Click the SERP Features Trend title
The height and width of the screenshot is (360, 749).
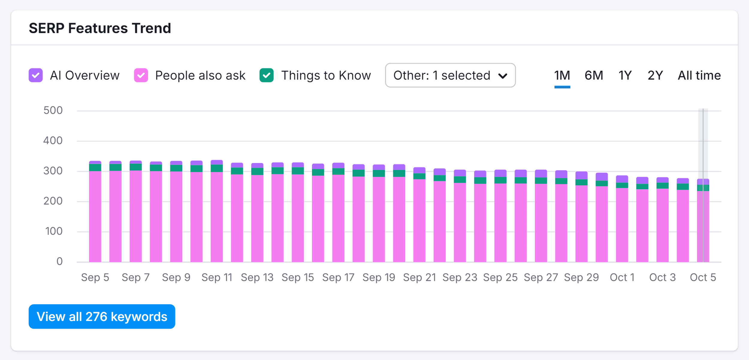100,28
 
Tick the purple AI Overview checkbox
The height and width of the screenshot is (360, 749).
36,75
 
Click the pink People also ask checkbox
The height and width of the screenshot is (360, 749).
141,75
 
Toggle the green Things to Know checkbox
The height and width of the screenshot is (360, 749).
266,75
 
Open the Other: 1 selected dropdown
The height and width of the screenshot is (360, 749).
450,75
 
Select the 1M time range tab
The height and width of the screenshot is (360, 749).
562,75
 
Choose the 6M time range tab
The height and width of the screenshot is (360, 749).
594,75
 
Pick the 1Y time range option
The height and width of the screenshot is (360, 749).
625,75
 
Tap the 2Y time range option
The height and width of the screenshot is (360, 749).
655,75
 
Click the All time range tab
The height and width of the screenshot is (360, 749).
699,75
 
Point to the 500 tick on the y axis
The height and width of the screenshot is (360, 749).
53,111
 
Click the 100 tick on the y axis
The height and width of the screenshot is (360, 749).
54,231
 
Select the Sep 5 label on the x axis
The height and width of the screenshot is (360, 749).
95,277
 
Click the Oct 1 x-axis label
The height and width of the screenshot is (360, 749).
622,277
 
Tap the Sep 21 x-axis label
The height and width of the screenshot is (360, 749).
419,277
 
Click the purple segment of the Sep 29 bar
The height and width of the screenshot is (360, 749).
582,176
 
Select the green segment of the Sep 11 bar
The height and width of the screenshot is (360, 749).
217,168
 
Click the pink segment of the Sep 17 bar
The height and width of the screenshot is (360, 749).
338,219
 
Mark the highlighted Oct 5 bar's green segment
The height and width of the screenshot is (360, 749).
703,188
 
